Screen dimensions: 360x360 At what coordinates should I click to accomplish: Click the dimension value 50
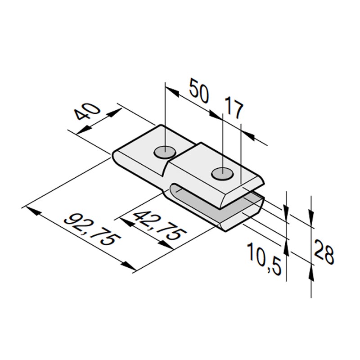pyautogui.click(x=199, y=91)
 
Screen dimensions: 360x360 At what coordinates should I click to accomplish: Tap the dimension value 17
pyautogui.click(x=233, y=108)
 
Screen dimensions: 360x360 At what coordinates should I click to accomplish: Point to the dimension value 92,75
pyautogui.click(x=92, y=229)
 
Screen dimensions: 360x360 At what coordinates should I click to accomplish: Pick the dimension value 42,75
pyautogui.click(x=160, y=226)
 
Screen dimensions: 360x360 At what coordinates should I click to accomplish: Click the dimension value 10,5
pyautogui.click(x=264, y=259)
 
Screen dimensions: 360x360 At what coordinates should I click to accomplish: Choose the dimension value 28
pyautogui.click(x=324, y=252)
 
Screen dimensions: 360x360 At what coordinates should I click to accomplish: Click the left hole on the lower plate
pyautogui.click(x=165, y=152)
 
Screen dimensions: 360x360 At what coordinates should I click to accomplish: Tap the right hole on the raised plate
pyautogui.click(x=222, y=174)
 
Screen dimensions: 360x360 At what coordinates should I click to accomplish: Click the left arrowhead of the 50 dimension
pyautogui.click(x=172, y=91)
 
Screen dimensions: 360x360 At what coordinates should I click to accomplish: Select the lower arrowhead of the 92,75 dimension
pyautogui.click(x=129, y=266)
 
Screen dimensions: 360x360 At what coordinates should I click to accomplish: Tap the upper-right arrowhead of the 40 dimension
pyautogui.click(x=115, y=113)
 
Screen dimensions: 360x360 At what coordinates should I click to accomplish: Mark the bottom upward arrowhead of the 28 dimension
pyautogui.click(x=311, y=272)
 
